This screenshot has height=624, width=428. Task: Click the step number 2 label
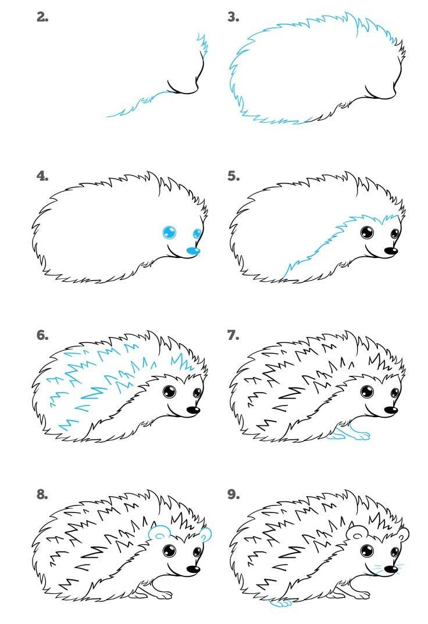click(x=42, y=17)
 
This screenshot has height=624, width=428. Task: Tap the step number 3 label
click(x=233, y=17)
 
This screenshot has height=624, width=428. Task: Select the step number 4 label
click(x=42, y=176)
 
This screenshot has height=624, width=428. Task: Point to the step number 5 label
click(x=233, y=176)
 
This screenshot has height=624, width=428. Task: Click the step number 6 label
click(x=42, y=335)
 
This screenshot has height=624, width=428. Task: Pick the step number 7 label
click(x=233, y=335)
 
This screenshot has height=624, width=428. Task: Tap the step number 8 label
click(x=42, y=494)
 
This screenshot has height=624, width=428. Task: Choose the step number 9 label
click(x=233, y=494)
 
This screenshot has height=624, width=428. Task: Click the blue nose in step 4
click(x=193, y=250)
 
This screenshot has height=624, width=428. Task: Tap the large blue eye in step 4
click(x=169, y=232)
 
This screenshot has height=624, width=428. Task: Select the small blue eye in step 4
click(x=198, y=234)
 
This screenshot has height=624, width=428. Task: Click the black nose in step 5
click(x=391, y=251)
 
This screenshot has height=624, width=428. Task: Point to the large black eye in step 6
click(x=169, y=392)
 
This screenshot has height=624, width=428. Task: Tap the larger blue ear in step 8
click(x=159, y=532)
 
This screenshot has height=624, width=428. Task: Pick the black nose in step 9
click(x=391, y=569)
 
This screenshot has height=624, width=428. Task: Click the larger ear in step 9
click(x=356, y=532)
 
